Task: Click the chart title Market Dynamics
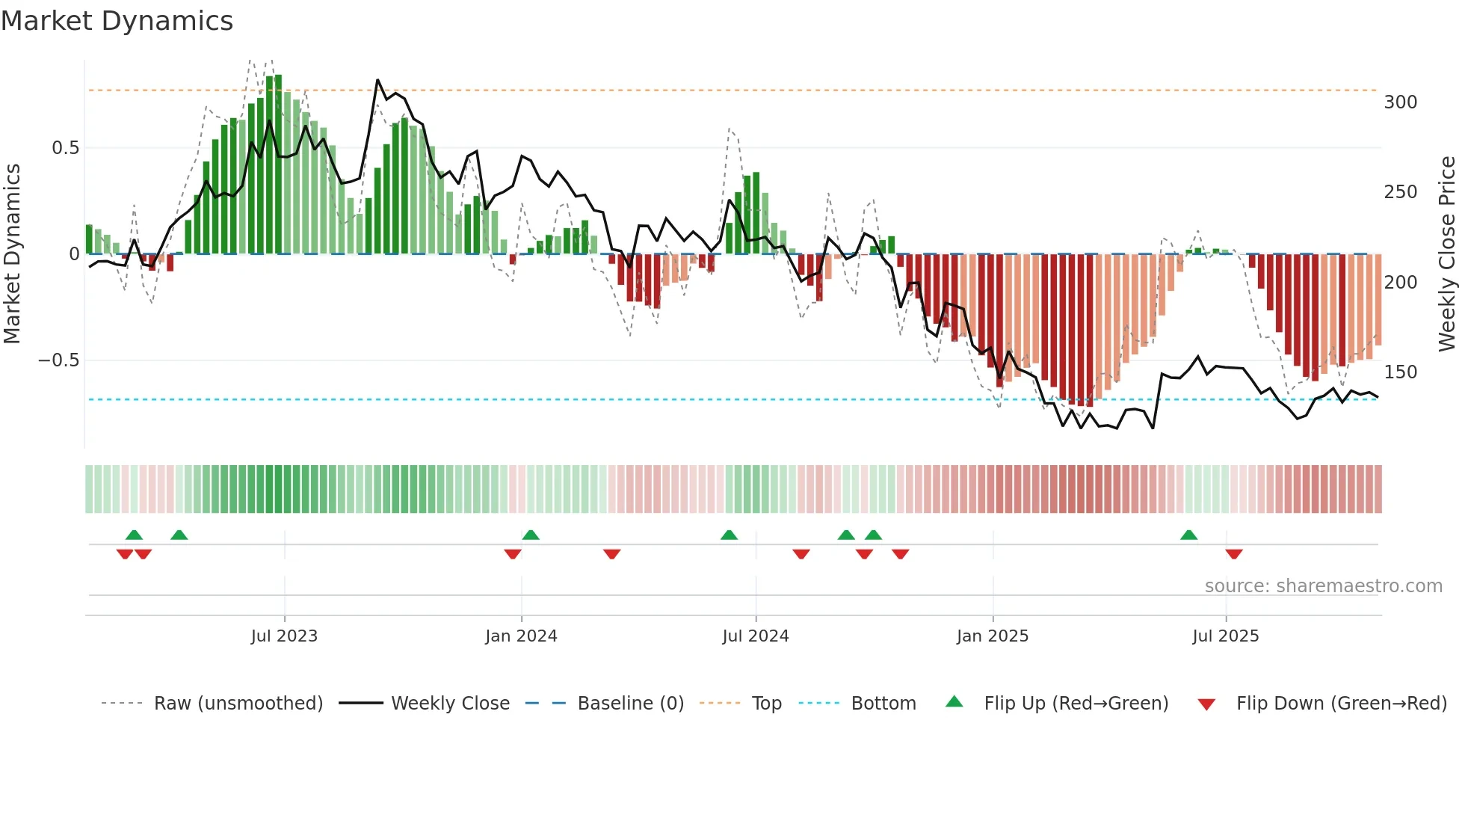(x=117, y=21)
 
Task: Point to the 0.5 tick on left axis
(x=65, y=148)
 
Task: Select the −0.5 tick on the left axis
(x=59, y=360)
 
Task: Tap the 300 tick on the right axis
(x=1400, y=102)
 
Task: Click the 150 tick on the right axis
(x=1400, y=372)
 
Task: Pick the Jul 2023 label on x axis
(x=284, y=636)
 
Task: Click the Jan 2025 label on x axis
(x=992, y=636)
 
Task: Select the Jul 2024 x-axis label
(x=755, y=636)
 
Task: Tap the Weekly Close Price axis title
(x=1447, y=254)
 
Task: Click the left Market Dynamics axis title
(x=13, y=254)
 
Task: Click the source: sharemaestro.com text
(x=1323, y=586)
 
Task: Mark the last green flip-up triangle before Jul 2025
(x=1188, y=535)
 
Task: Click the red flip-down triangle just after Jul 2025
(x=1233, y=554)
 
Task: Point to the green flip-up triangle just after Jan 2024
(x=531, y=535)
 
